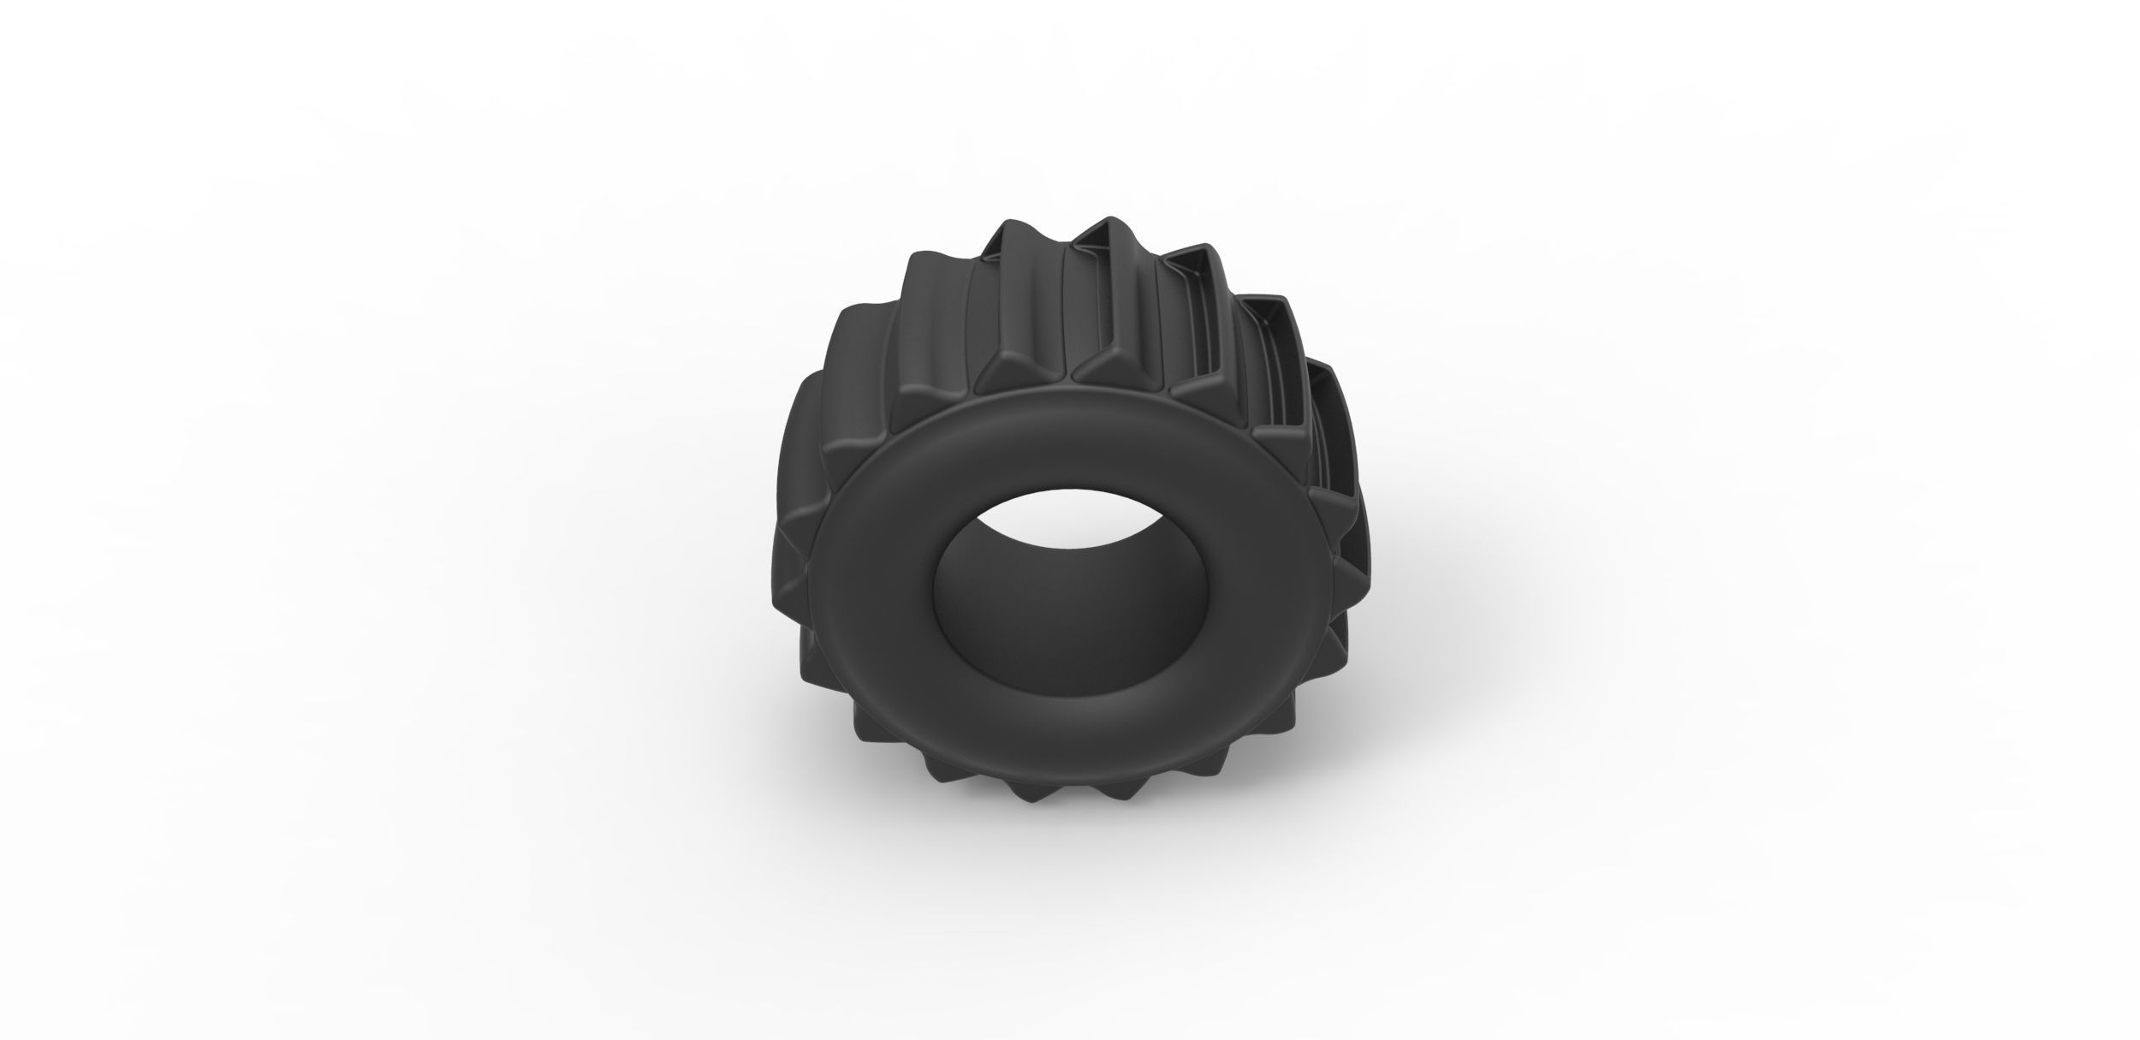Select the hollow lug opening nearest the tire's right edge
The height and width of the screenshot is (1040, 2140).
[1323, 411]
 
